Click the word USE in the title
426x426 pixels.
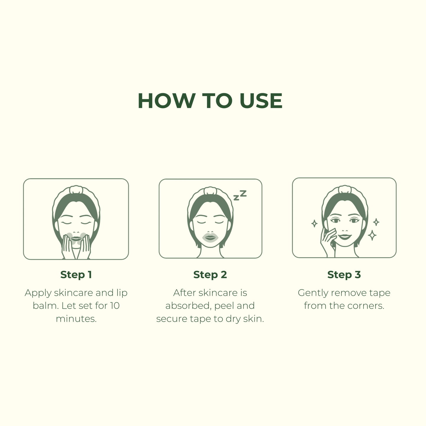click(x=261, y=101)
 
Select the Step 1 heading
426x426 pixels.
click(x=76, y=275)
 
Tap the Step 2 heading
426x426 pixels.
click(x=210, y=275)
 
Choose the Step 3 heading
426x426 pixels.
click(x=344, y=275)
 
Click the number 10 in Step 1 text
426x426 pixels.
click(x=115, y=306)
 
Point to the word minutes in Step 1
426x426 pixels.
click(x=76, y=319)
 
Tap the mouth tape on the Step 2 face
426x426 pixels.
click(x=210, y=238)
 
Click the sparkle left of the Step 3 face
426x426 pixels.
click(x=314, y=223)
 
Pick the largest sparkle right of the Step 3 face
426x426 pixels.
click(x=372, y=235)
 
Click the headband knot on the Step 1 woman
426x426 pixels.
click(x=76, y=190)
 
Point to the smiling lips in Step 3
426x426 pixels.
click(x=345, y=236)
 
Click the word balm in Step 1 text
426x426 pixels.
click(x=45, y=306)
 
